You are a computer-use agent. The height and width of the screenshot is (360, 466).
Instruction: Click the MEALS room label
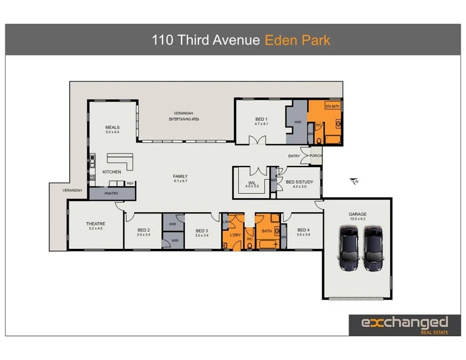click(x=112, y=127)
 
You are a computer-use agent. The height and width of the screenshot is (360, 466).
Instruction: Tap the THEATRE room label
click(x=96, y=224)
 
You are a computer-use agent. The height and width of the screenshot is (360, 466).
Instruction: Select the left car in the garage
click(x=349, y=248)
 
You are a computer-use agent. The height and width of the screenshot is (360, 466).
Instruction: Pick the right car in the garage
click(x=373, y=248)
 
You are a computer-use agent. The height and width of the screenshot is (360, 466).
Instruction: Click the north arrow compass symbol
click(x=354, y=181)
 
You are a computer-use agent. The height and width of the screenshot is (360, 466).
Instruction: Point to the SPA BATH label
click(x=332, y=107)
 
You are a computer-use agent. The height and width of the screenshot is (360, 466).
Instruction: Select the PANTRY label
click(x=111, y=194)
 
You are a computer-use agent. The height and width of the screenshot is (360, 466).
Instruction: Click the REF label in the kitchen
click(x=130, y=183)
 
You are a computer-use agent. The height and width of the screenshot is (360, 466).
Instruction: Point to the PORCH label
click(x=315, y=156)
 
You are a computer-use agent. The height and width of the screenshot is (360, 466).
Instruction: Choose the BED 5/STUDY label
click(x=299, y=182)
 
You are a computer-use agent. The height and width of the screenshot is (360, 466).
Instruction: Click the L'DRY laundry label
click(x=235, y=235)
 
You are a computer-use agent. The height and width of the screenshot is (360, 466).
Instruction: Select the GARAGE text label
click(x=357, y=214)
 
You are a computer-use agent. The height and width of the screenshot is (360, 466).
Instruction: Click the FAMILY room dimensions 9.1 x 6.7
click(x=180, y=181)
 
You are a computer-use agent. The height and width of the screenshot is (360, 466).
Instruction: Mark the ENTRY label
click(x=294, y=156)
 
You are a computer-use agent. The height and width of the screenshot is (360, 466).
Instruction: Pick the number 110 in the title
click(x=163, y=40)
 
